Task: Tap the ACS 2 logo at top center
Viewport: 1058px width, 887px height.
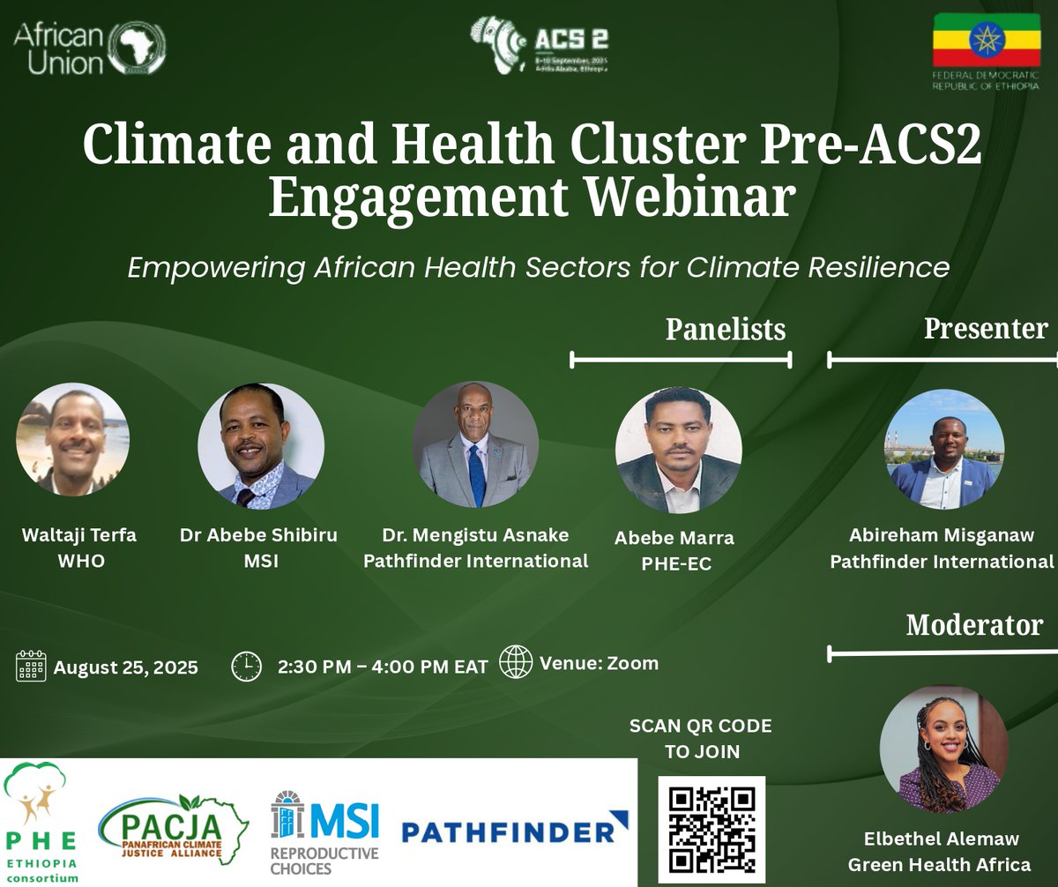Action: (x=540, y=44)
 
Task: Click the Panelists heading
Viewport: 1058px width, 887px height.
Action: (x=725, y=329)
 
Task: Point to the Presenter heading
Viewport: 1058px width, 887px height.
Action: (x=985, y=328)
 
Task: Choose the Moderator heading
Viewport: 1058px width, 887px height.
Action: (x=974, y=625)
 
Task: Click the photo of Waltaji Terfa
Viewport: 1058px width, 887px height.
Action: (x=72, y=439)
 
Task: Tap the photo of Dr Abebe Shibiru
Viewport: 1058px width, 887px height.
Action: (x=261, y=446)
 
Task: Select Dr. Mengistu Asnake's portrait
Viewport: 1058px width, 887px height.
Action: (x=475, y=444)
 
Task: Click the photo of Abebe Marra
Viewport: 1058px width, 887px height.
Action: (x=678, y=450)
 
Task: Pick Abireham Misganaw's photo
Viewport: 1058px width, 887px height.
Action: (x=943, y=449)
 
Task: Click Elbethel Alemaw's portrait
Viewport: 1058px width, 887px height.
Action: (x=943, y=749)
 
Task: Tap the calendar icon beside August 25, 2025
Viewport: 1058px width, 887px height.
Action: (x=31, y=666)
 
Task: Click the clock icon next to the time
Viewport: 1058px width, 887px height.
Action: (x=246, y=666)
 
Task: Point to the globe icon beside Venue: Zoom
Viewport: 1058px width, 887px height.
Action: (x=516, y=662)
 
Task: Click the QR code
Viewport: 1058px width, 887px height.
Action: (x=712, y=830)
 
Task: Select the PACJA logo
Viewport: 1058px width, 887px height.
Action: (x=174, y=829)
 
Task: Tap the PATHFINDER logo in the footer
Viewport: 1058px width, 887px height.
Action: (x=515, y=830)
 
